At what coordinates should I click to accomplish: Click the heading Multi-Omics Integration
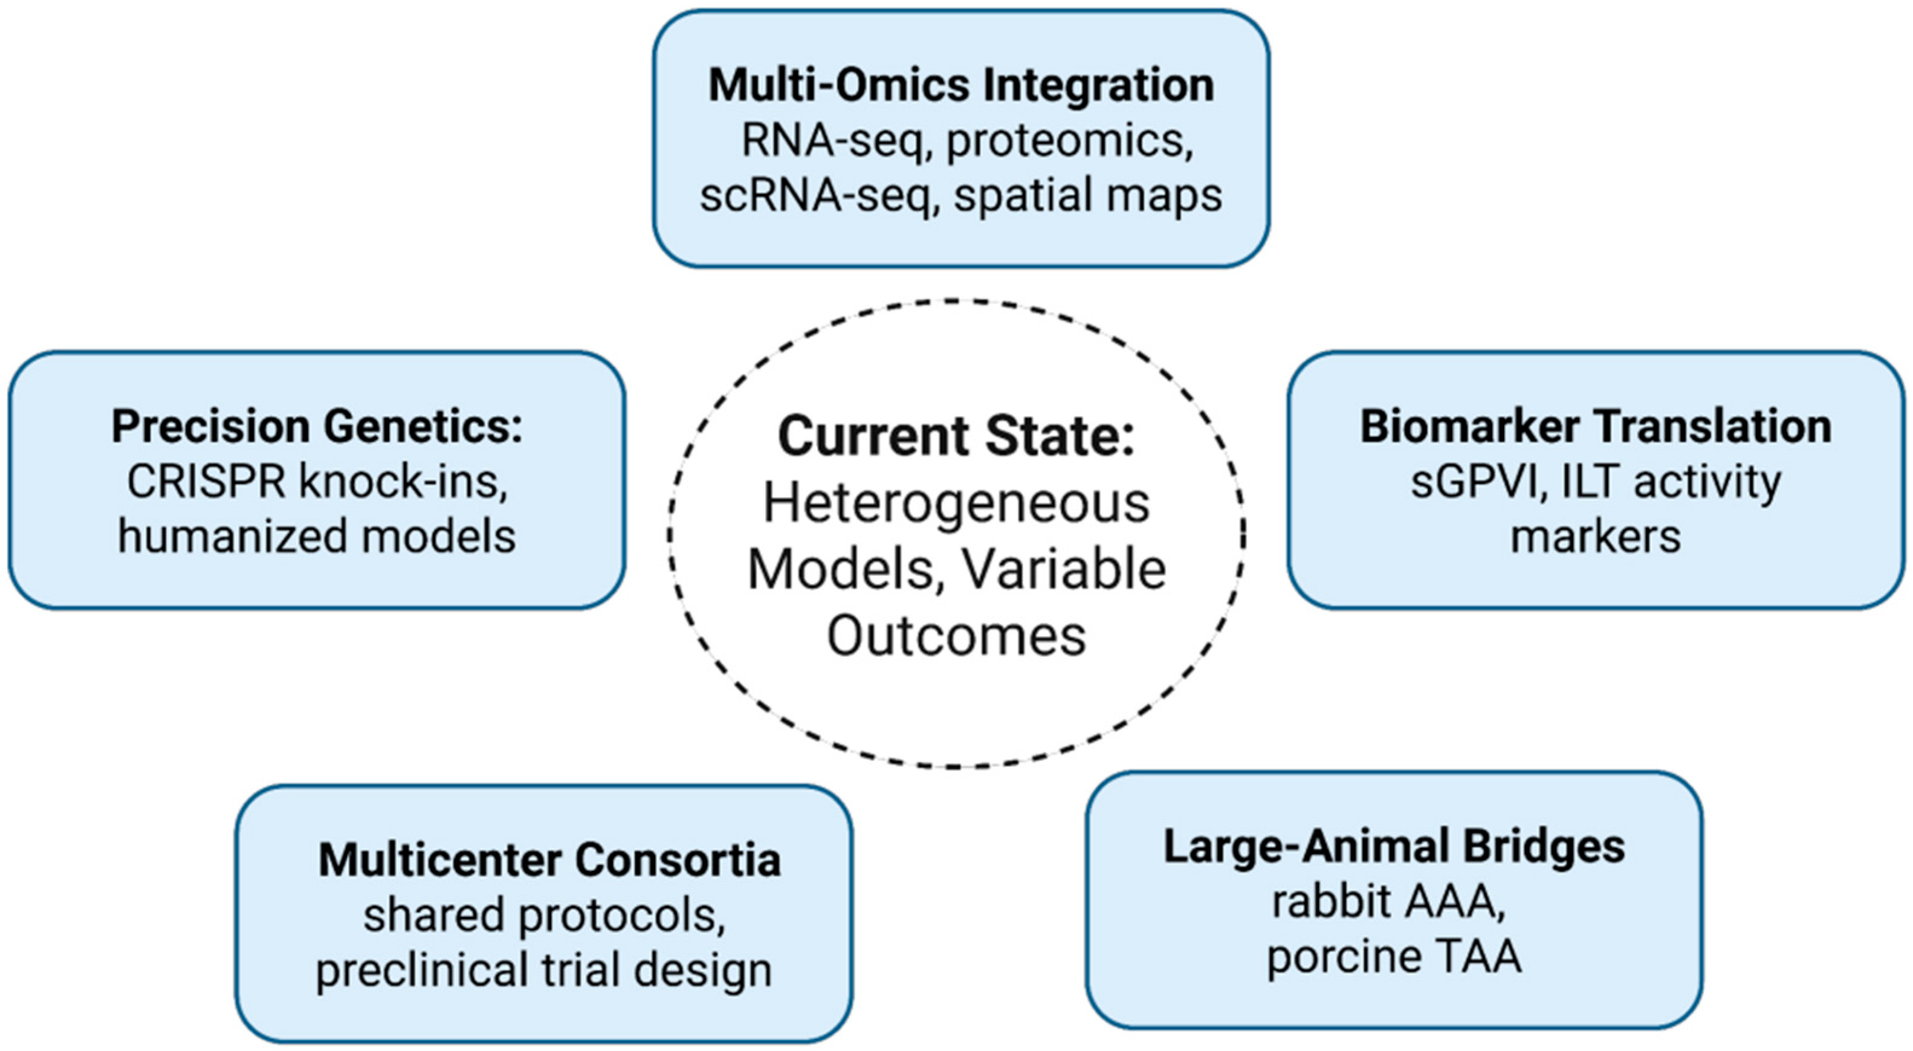coord(961,85)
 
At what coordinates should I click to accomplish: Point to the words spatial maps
coord(1088,196)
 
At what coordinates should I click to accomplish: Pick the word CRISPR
coord(206,482)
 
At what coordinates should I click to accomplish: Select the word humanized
coord(227,536)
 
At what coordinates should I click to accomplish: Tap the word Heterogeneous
coord(956,503)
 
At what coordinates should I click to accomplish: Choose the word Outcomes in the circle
coord(956,636)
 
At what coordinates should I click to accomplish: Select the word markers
coord(1595,536)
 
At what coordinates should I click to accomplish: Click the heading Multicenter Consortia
coord(549,860)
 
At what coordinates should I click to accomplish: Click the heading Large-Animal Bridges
coord(1394,847)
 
